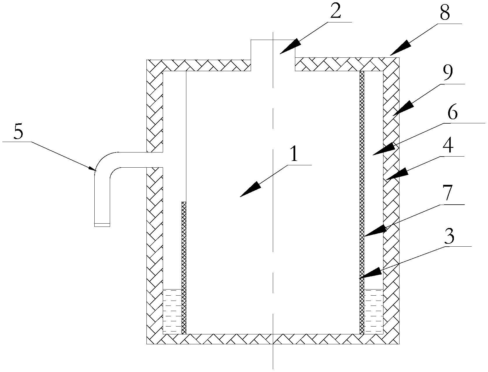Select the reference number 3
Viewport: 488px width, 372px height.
coord(449,237)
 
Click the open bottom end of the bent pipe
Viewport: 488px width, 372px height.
coord(102,224)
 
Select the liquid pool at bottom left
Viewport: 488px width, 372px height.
coord(172,311)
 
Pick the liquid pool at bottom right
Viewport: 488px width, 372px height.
coord(374,311)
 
